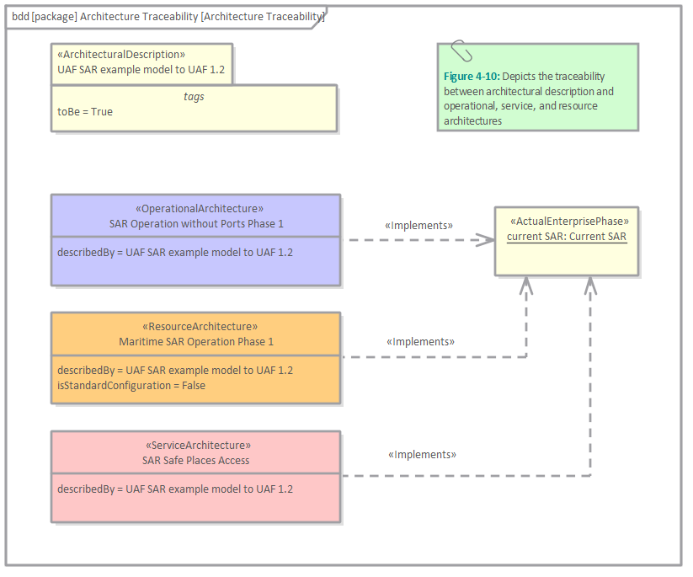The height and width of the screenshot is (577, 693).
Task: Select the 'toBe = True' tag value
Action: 85,111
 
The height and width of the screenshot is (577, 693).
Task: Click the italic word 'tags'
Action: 194,97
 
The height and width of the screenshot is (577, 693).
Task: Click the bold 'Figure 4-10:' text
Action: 472,77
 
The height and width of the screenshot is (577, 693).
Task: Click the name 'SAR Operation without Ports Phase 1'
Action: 196,224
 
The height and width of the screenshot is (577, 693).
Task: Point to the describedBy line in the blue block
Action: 175,252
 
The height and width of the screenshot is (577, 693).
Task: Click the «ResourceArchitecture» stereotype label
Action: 195,327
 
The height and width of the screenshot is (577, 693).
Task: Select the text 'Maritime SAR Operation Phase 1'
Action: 195,342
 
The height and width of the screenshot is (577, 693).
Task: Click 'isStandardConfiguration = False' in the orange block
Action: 131,385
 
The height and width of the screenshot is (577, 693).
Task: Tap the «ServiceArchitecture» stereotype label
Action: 195,446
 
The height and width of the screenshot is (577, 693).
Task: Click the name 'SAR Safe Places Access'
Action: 195,461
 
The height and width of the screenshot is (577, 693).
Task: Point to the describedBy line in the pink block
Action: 175,489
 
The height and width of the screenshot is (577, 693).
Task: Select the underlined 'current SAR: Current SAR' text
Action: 567,237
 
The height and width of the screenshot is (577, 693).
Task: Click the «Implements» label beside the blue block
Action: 418,226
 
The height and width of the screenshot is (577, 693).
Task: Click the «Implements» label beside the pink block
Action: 422,454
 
